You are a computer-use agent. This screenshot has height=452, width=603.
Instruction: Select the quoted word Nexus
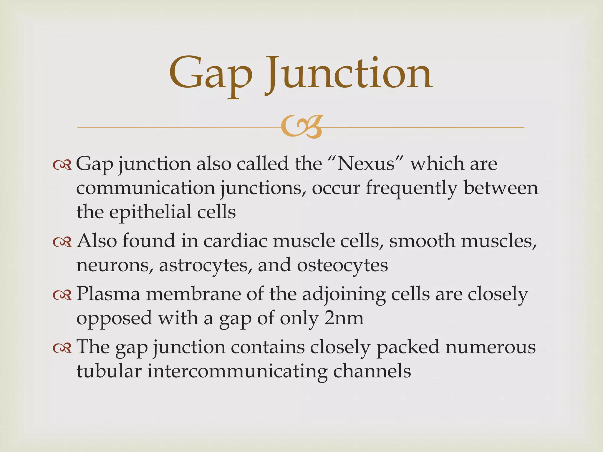click(366, 164)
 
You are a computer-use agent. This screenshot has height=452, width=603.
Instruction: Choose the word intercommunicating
click(237, 371)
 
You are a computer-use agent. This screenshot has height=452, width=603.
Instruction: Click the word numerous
click(490, 347)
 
